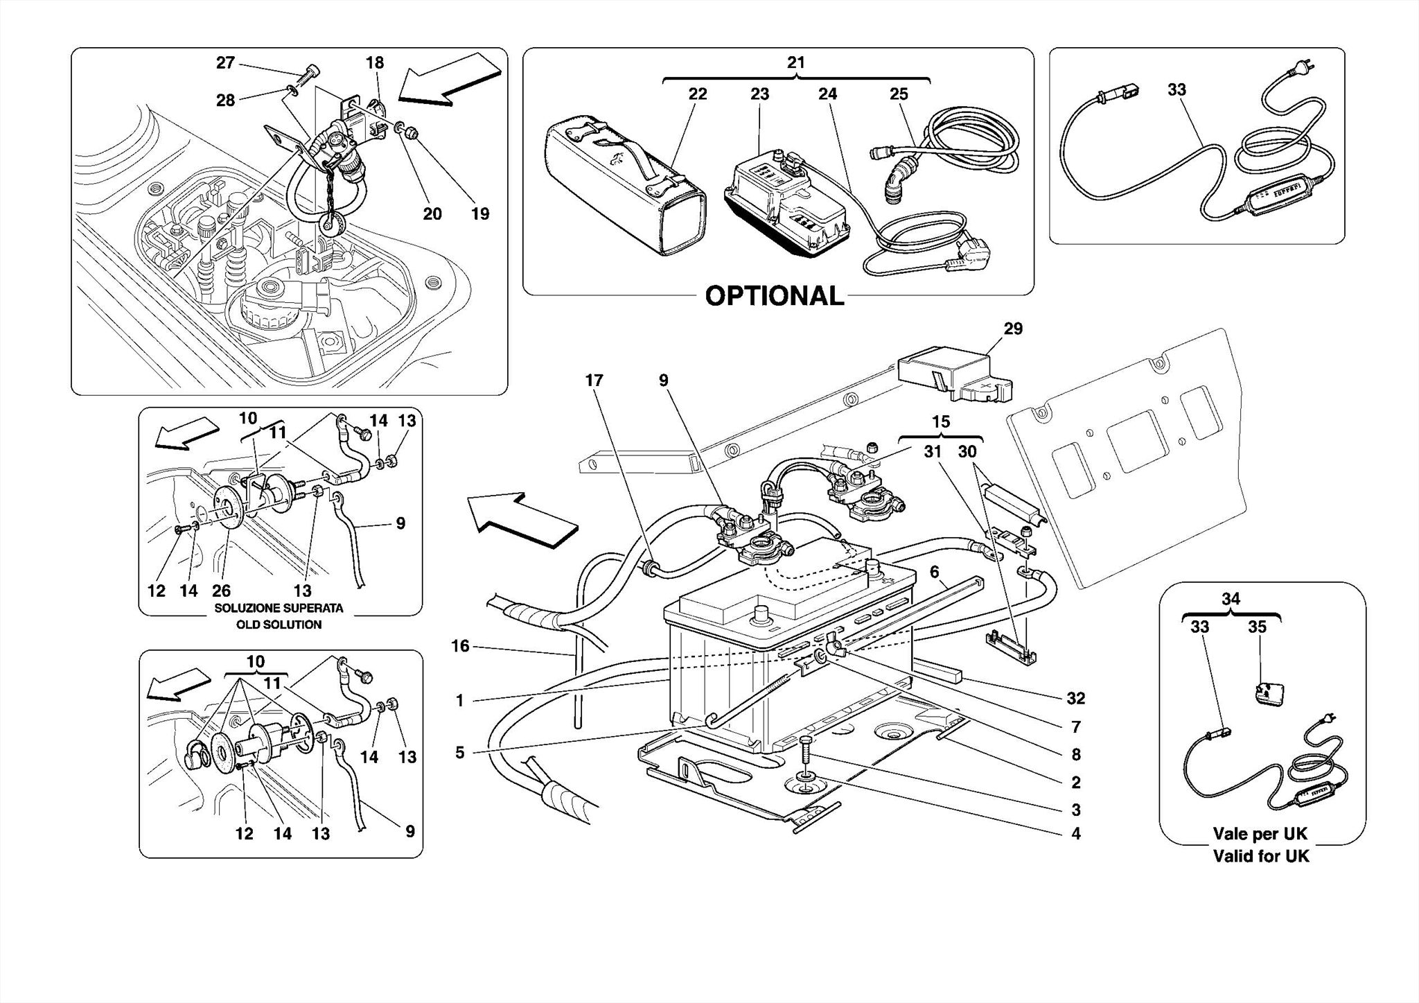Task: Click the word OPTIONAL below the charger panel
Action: (774, 297)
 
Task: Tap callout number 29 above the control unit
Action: (1013, 329)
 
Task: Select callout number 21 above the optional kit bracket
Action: (796, 63)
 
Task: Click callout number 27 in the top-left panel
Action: (225, 63)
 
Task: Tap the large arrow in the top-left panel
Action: (450, 78)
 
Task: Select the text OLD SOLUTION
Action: (279, 625)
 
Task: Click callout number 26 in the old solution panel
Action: (221, 591)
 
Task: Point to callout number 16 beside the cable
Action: (461, 646)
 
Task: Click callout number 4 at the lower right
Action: (1075, 834)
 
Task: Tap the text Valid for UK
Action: (1261, 856)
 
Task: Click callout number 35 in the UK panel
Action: (1257, 627)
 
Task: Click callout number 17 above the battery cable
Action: (594, 381)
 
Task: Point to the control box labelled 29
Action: (953, 378)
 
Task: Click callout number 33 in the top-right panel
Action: (1176, 89)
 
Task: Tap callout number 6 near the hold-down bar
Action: (934, 572)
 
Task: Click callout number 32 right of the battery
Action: (1075, 699)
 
